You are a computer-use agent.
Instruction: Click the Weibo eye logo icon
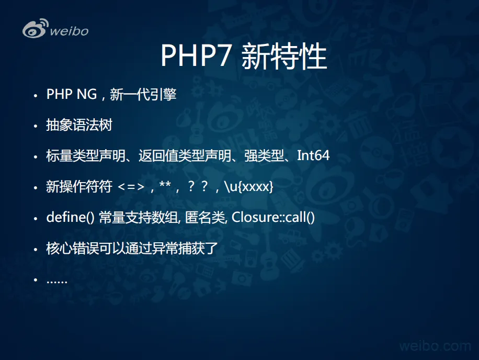point(35,29)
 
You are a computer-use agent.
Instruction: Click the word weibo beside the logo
point(69,31)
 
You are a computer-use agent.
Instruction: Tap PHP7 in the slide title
point(195,55)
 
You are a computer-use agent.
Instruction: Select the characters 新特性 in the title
point(284,56)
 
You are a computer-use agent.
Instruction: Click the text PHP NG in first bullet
point(72,94)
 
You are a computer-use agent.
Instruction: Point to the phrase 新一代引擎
point(143,94)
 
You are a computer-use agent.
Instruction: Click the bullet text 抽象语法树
point(79,125)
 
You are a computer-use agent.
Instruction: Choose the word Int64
point(313,155)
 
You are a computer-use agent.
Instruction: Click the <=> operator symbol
point(131,186)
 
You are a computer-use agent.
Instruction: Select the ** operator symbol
point(165,184)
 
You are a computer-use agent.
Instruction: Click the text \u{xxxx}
point(249,186)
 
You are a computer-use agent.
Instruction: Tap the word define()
point(70,217)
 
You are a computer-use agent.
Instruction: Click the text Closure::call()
point(273,217)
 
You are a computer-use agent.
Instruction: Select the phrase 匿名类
point(205,217)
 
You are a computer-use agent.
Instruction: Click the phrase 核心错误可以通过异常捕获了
point(132,248)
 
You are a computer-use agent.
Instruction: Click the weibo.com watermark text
point(435,346)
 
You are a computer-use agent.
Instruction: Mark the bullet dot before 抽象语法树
point(36,126)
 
